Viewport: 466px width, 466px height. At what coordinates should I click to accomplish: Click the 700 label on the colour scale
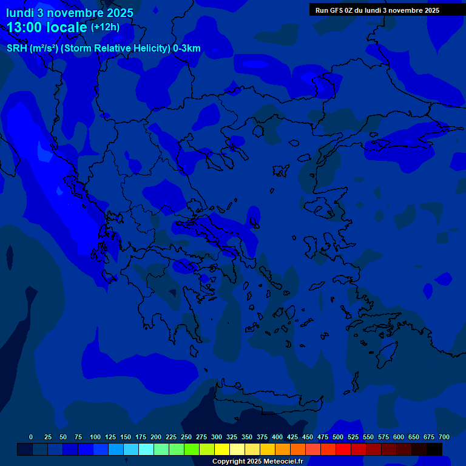point(444,437)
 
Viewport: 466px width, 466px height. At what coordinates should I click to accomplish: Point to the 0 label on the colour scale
point(31,437)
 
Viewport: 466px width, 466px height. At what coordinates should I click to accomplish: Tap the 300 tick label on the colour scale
point(217,437)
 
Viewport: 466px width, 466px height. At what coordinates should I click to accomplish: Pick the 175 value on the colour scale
point(141,437)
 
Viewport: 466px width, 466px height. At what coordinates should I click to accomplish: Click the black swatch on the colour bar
point(434,449)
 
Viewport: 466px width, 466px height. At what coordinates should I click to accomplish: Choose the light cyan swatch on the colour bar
point(146,449)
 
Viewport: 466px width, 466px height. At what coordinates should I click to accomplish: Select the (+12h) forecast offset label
point(105,27)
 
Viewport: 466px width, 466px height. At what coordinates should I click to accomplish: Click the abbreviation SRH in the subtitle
point(17,49)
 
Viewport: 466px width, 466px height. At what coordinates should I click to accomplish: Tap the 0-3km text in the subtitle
point(186,49)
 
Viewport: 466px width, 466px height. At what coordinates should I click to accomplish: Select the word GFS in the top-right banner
point(336,10)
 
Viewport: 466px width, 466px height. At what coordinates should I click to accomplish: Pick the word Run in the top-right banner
point(322,10)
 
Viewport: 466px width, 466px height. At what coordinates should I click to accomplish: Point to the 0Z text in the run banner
point(350,10)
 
